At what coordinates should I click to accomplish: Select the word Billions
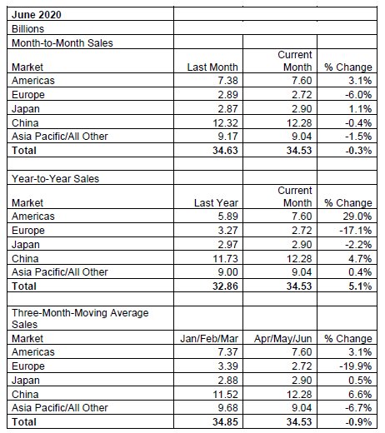click(27, 28)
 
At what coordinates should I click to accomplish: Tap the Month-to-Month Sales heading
click(62, 43)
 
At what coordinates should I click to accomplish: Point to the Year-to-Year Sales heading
click(55, 178)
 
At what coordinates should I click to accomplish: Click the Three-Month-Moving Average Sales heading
click(80, 318)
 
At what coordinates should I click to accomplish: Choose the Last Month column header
click(212, 67)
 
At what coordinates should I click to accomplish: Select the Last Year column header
click(216, 202)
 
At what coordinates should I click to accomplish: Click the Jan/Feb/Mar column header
click(209, 338)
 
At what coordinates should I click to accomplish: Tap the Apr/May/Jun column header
click(282, 338)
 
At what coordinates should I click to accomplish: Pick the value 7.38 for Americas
click(227, 80)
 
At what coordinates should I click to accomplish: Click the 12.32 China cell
click(225, 122)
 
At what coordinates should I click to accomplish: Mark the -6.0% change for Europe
click(358, 94)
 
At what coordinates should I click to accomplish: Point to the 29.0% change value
click(357, 216)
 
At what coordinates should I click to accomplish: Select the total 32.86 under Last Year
click(225, 286)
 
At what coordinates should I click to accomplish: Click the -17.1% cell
click(356, 230)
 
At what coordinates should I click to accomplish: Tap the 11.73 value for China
click(225, 258)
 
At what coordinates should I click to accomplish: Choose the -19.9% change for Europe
click(356, 366)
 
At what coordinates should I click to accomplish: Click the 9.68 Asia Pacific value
click(227, 407)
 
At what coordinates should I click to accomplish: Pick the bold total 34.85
click(225, 421)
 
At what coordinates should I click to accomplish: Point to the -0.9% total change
click(358, 421)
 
